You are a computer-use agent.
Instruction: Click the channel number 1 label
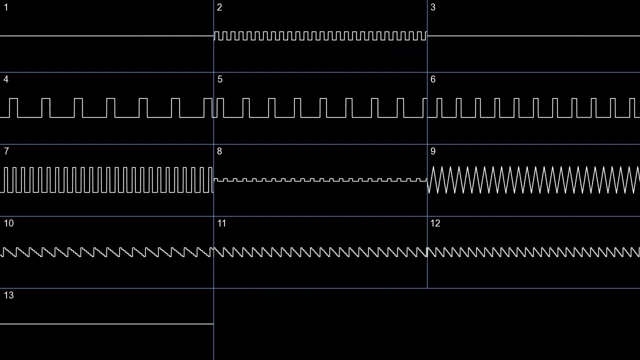click(x=6, y=7)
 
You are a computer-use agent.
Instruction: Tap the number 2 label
click(x=219, y=7)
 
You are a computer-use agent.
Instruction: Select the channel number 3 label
click(x=433, y=7)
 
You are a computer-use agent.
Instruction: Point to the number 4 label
click(x=6, y=79)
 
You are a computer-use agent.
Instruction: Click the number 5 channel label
click(x=219, y=79)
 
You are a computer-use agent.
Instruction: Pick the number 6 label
click(x=433, y=79)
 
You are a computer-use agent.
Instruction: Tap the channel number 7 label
click(x=6, y=151)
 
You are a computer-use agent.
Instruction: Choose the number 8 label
click(x=219, y=151)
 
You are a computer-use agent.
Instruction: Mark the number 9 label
click(x=433, y=151)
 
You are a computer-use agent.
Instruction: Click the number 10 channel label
click(x=9, y=223)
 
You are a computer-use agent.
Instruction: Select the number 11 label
click(x=222, y=223)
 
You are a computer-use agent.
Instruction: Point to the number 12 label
click(x=435, y=223)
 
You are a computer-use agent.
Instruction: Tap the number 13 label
click(x=9, y=295)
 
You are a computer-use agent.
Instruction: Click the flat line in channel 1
click(x=106, y=36)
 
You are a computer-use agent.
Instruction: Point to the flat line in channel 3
click(x=533, y=36)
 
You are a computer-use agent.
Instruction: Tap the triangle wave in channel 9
click(x=533, y=180)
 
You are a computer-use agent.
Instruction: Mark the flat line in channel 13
click(x=106, y=324)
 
